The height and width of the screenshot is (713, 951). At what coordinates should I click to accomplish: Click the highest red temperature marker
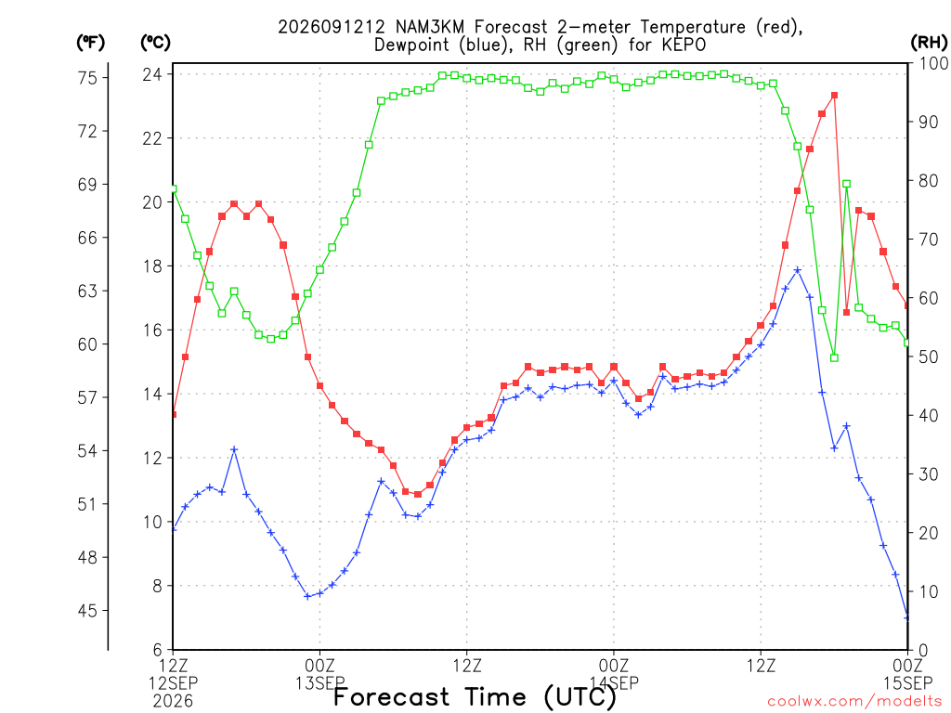[834, 96]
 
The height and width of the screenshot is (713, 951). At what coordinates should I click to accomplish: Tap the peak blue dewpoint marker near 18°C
[798, 270]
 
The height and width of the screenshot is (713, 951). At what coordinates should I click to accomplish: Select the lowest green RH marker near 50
[834, 357]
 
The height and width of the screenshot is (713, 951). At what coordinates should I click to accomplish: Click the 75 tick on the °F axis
[87, 78]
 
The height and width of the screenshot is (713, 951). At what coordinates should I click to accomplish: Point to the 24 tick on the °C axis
[152, 74]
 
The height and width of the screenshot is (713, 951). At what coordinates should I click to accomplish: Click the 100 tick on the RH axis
[933, 63]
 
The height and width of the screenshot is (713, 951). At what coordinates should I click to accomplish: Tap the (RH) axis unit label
[929, 43]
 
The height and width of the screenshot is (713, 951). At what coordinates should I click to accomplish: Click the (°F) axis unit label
[90, 43]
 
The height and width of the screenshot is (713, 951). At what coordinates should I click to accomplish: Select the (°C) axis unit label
[155, 43]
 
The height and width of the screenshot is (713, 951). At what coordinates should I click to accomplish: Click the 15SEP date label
[907, 683]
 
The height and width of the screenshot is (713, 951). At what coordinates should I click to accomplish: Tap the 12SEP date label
[174, 683]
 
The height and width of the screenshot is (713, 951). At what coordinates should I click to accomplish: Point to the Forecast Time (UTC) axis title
[475, 697]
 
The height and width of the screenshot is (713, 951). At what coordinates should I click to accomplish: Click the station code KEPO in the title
[684, 45]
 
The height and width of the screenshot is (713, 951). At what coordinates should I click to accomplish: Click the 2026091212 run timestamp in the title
[332, 27]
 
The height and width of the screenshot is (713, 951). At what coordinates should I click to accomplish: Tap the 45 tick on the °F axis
[87, 611]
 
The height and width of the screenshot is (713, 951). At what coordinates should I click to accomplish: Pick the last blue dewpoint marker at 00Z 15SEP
[906, 617]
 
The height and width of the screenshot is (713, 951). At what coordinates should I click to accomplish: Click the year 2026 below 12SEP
[174, 701]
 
